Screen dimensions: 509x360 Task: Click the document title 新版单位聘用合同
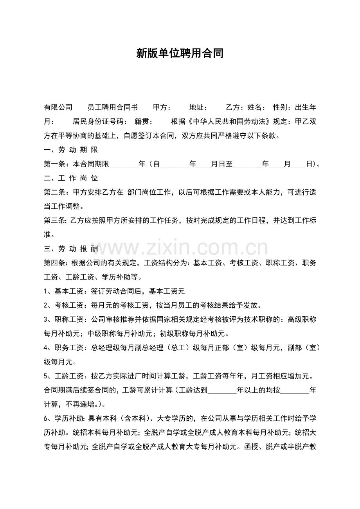(x=180, y=54)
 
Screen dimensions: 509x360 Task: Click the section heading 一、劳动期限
(x=71, y=150)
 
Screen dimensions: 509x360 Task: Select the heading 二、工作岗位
(x=71, y=178)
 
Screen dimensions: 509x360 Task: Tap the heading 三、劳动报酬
(x=71, y=249)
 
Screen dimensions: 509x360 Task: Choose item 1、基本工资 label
(x=65, y=291)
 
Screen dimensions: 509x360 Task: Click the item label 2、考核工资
(x=65, y=305)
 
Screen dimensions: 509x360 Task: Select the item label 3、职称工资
(x=65, y=319)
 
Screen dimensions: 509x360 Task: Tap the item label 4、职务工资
(x=65, y=348)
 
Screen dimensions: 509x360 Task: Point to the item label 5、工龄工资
(x=65, y=376)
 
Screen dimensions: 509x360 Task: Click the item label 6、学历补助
(x=65, y=418)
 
